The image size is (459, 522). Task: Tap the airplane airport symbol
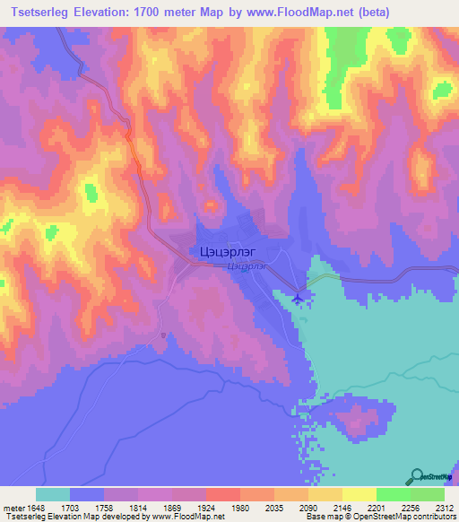click(x=298, y=297)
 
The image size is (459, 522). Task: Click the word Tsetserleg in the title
click(x=37, y=12)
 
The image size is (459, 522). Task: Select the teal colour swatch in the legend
click(x=53, y=494)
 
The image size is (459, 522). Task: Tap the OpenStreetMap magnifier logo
click(x=417, y=477)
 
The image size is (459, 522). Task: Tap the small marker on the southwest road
click(x=162, y=336)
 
